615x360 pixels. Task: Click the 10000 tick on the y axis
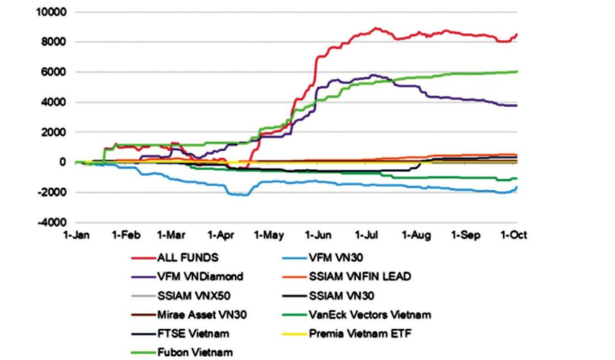(50, 12)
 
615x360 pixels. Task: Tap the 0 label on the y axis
(62, 163)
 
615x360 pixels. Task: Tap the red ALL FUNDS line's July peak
(376, 28)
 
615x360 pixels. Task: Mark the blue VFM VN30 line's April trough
(241, 195)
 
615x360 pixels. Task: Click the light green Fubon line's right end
(517, 72)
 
